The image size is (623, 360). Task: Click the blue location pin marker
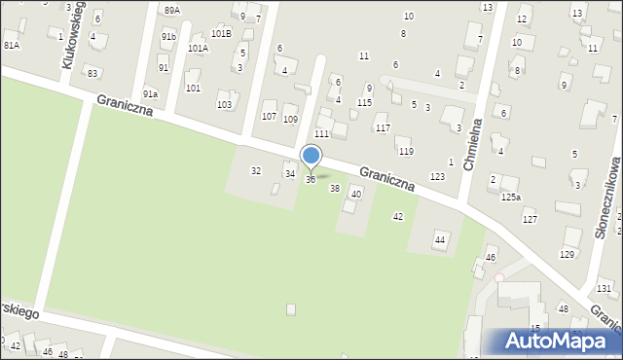coord(311,156)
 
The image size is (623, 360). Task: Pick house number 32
coord(256,170)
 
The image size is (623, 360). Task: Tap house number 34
coord(289,173)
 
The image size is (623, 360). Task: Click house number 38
coord(335,188)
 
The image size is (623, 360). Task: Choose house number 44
coord(440,238)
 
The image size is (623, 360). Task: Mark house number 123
coord(437,176)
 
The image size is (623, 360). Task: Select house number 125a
coord(511,198)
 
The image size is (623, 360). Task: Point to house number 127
coord(530,219)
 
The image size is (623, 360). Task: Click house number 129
coord(567,254)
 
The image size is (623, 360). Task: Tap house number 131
coord(605,288)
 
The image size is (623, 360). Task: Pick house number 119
coord(405,151)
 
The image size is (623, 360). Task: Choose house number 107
coord(269,117)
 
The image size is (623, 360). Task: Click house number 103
coord(224,104)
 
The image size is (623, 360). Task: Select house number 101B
coord(221,33)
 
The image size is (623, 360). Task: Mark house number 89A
coord(171,10)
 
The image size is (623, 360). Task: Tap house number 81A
coord(12,45)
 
